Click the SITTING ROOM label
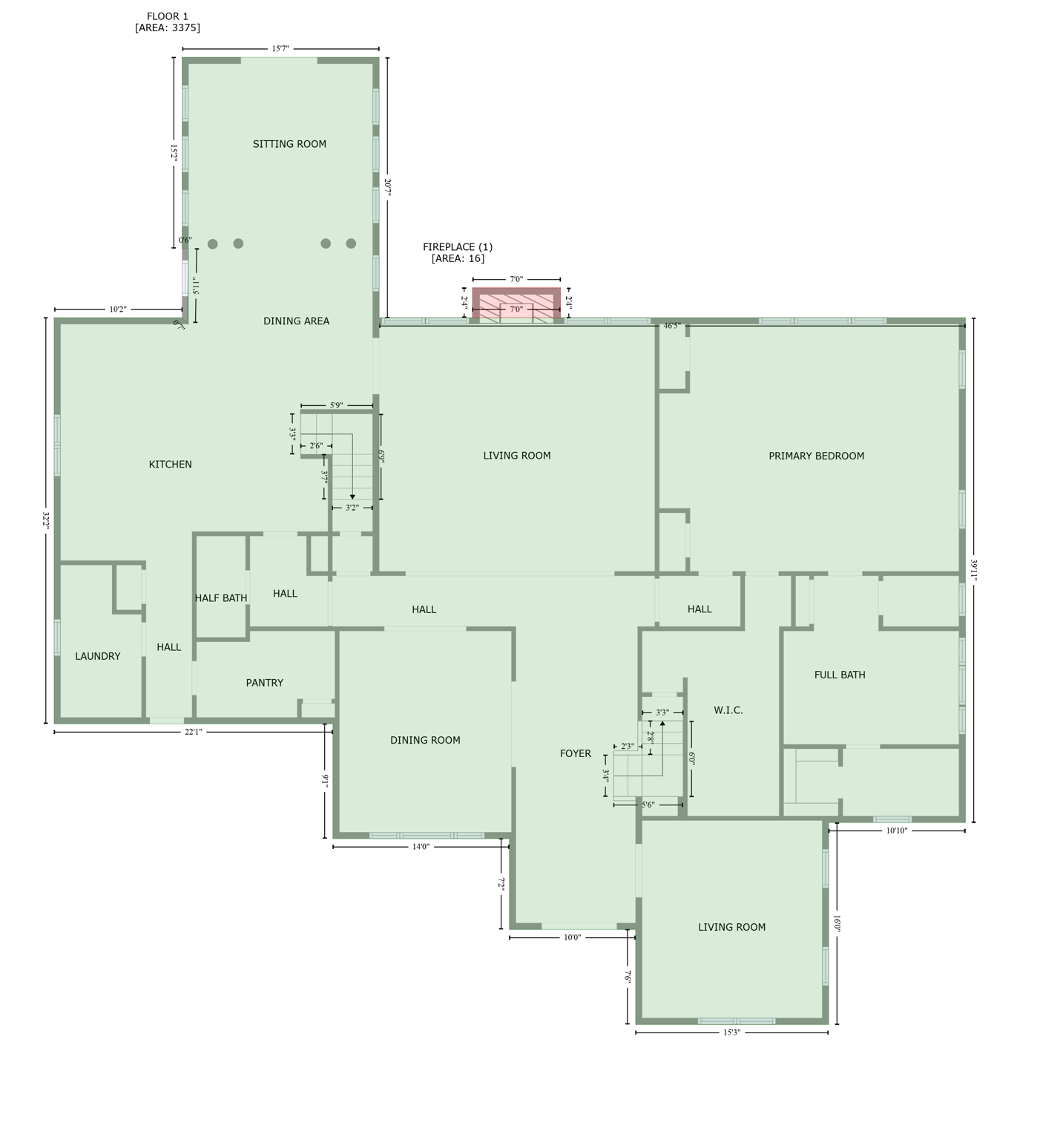point(289,144)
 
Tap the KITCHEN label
point(171,465)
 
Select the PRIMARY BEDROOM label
point(816,456)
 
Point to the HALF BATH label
point(221,598)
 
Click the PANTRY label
point(265,683)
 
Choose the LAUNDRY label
point(98,656)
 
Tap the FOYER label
point(576,753)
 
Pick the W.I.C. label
point(728,710)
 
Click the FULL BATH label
point(840,675)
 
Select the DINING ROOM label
point(425,740)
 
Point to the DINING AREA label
point(296,321)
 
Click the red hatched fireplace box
point(516,304)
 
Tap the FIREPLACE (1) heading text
point(458,247)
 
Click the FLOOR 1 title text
point(168,16)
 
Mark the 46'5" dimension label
point(672,326)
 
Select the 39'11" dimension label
point(973,570)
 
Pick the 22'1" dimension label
point(193,732)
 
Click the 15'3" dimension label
point(731,1032)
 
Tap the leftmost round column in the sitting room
point(213,244)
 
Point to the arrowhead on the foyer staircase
point(662,722)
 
